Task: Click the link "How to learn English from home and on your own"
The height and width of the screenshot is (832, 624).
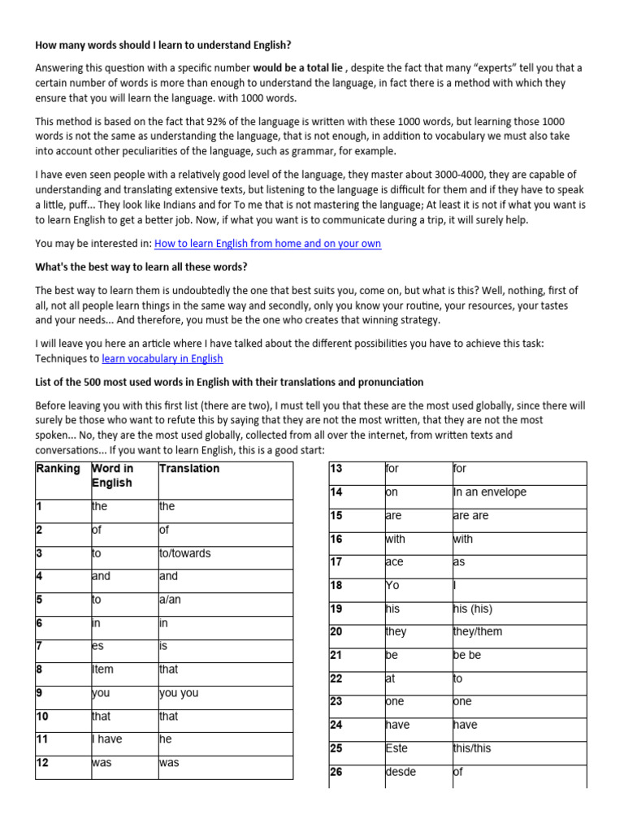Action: click(x=267, y=244)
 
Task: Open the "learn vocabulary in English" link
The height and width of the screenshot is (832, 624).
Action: click(x=162, y=358)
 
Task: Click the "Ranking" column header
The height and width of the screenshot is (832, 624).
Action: click(x=58, y=469)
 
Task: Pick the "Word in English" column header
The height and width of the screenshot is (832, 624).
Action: click(x=113, y=475)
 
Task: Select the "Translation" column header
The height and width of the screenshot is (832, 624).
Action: click(x=189, y=469)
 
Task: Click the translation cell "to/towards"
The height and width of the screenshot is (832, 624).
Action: click(x=184, y=553)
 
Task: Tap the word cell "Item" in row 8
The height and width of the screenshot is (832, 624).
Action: click(x=103, y=669)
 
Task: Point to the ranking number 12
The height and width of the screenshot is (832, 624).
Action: click(x=43, y=763)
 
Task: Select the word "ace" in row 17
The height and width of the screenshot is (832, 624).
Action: click(x=394, y=562)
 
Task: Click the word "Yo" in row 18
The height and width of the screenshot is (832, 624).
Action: click(x=392, y=586)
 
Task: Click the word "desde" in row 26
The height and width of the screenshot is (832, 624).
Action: click(x=400, y=772)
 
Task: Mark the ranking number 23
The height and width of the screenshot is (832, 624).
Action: click(x=336, y=702)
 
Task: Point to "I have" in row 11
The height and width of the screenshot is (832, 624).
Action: click(x=107, y=739)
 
